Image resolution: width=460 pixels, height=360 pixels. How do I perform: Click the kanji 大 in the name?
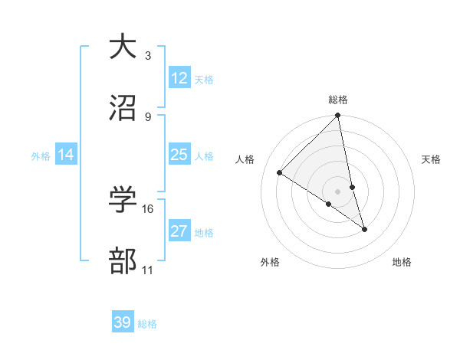122,47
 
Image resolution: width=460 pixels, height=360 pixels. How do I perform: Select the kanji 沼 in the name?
122,107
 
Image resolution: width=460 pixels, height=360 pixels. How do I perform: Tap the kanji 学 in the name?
122,199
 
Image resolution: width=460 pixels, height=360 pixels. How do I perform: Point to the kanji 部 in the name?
122,260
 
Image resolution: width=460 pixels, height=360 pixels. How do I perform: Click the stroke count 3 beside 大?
148,56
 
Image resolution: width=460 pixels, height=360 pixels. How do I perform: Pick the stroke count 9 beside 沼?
148,116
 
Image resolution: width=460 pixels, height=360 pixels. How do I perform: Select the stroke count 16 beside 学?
148,208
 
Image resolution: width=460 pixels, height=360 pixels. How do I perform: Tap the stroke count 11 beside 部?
148,270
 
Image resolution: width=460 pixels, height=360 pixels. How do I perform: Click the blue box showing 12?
179,78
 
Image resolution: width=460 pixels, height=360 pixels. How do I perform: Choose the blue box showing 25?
179,155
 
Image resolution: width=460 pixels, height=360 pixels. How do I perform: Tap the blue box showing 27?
179,231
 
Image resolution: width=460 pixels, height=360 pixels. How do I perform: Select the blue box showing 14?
66,155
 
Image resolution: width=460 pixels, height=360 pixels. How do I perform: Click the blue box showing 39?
123,322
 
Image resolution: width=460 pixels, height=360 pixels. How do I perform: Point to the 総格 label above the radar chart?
338,100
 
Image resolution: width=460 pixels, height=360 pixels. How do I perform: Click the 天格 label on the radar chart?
432,159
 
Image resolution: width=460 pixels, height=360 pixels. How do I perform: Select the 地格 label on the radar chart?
402,262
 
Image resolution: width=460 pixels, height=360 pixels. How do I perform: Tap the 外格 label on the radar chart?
270,262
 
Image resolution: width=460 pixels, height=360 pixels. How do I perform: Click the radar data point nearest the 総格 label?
338,116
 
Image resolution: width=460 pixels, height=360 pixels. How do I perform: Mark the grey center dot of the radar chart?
338,191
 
